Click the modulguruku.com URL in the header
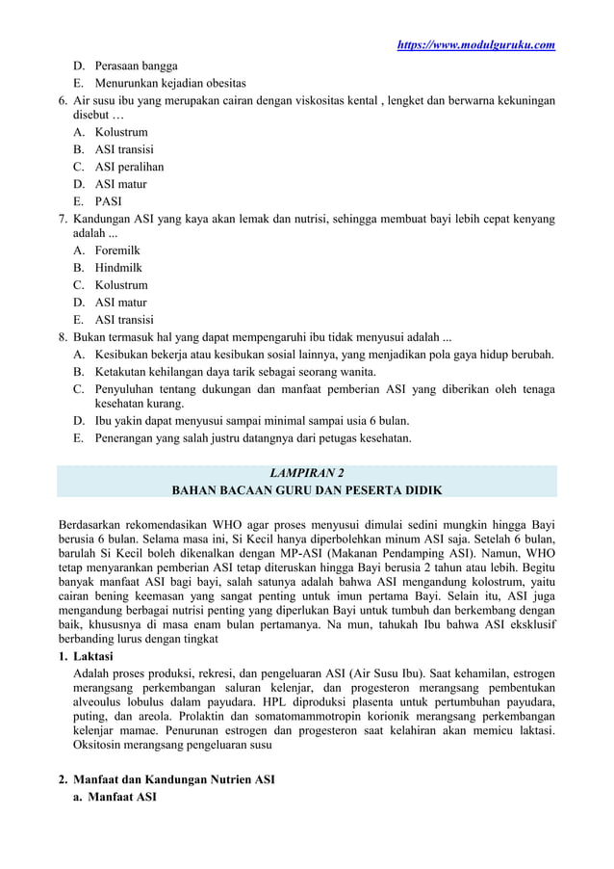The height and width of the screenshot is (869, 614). point(475,44)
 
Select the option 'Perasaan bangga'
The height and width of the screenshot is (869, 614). point(136,66)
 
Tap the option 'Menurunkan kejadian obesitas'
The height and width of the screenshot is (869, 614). point(169,82)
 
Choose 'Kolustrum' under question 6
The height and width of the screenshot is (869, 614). point(121,132)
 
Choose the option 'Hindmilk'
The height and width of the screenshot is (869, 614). point(119,268)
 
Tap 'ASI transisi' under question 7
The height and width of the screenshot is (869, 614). point(123,320)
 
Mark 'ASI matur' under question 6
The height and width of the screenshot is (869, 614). point(120,184)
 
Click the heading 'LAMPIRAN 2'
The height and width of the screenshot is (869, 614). point(306,472)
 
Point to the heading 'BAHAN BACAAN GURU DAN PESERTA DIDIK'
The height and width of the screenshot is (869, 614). point(306,490)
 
